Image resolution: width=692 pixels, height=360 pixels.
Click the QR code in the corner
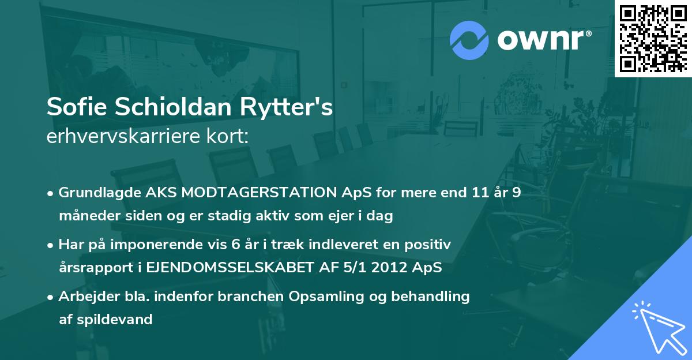pos(653,38)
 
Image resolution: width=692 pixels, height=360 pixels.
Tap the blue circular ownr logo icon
pos(469,40)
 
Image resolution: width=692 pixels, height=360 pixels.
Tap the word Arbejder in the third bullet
pos(85,297)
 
